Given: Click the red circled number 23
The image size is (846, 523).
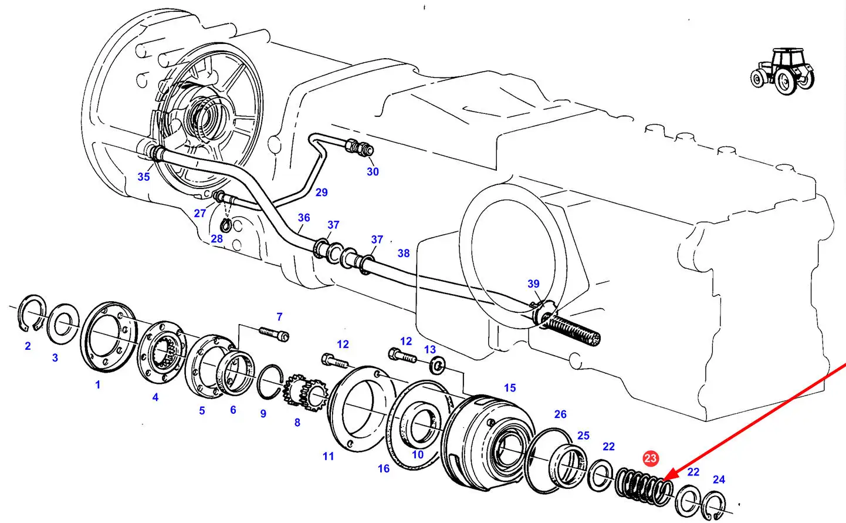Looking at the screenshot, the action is click(x=651, y=458).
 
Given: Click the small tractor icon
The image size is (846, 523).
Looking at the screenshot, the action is click(x=782, y=71).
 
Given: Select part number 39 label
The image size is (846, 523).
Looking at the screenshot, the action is click(x=533, y=284).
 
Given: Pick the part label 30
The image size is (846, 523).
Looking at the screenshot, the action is click(x=373, y=171).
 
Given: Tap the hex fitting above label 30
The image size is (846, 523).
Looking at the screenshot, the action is click(x=358, y=147).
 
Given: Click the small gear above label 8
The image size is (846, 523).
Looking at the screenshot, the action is click(x=306, y=393).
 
